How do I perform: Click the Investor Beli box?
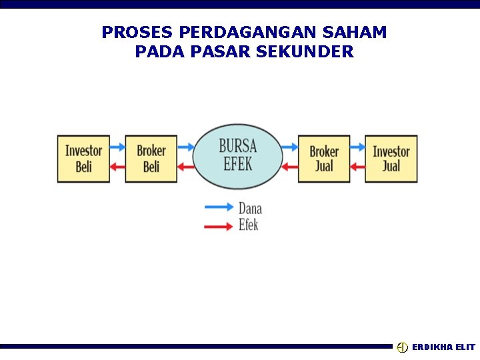pyautogui.click(x=83, y=159)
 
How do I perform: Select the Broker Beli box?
pyautogui.click(x=151, y=159)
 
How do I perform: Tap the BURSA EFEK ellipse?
pyautogui.click(x=238, y=156)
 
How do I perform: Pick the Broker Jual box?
pyautogui.click(x=324, y=159)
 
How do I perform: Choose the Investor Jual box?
pyautogui.click(x=391, y=159)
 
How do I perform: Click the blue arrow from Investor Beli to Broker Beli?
pyautogui.click(x=117, y=147)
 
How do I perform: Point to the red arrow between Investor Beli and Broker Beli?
pyautogui.click(x=117, y=167)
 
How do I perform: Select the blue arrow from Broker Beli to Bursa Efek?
pyautogui.click(x=185, y=147)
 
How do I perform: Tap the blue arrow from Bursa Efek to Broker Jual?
pyautogui.click(x=289, y=147)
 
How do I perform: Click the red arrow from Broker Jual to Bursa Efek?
pyautogui.click(x=289, y=167)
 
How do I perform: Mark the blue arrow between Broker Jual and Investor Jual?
pyautogui.click(x=357, y=147)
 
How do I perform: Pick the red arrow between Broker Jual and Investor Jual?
pyautogui.click(x=357, y=167)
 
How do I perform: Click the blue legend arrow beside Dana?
pyautogui.click(x=219, y=207)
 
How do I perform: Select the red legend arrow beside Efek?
pyautogui.click(x=219, y=227)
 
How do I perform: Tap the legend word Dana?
pyautogui.click(x=250, y=209)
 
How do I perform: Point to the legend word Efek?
pyautogui.click(x=248, y=225)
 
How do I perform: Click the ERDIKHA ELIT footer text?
pyautogui.click(x=443, y=347)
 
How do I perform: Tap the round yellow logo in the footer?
pyautogui.click(x=402, y=347)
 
